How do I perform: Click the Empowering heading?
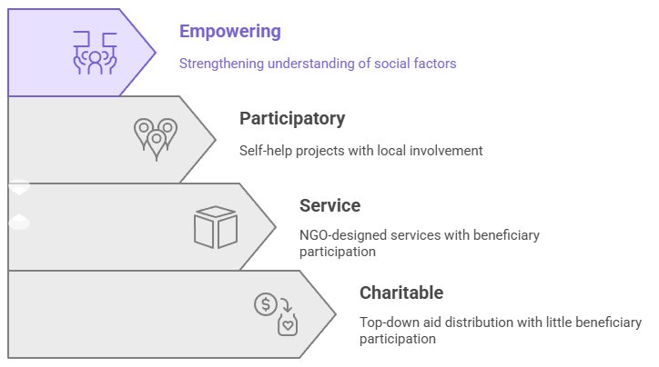point(230,32)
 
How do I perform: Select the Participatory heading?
point(292,119)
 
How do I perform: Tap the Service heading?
point(329,205)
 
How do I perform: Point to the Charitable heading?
point(401,293)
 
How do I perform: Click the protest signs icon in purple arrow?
point(95,53)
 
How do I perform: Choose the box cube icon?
point(216,227)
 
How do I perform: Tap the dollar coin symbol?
point(266,304)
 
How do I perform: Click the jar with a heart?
point(288,324)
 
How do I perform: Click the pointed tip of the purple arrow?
point(156,53)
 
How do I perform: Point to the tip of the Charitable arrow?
point(336,314)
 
